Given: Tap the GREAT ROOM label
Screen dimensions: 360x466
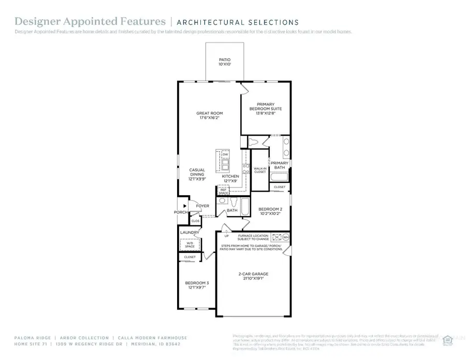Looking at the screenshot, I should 209,116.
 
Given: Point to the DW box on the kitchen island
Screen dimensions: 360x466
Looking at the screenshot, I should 225,154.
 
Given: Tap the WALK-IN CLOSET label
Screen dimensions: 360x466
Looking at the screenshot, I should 259,170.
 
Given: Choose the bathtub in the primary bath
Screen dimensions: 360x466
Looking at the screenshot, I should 279,178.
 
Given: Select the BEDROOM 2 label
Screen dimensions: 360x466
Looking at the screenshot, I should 270,211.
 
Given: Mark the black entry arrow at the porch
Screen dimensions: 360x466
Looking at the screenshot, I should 184,206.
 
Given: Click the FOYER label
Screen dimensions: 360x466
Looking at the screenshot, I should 202,206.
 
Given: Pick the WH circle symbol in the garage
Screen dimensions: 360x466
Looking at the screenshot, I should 285,238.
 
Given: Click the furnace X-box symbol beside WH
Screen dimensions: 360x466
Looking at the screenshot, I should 276,238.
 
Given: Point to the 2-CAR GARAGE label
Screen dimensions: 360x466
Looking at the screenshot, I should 253,276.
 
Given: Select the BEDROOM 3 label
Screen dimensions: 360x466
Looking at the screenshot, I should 196,285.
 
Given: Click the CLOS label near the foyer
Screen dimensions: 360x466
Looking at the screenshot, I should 195,221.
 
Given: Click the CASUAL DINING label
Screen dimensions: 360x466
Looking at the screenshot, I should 197,174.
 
